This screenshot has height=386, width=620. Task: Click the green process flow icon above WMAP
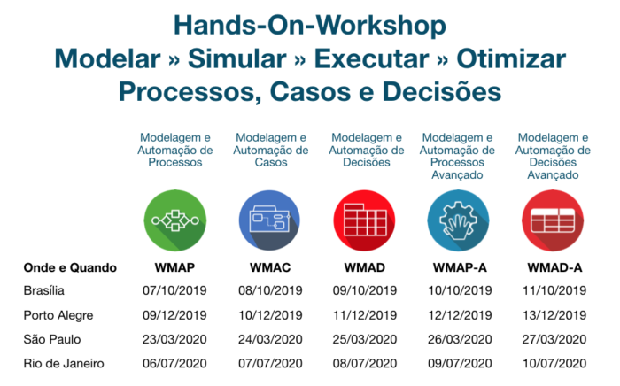coord(175,220)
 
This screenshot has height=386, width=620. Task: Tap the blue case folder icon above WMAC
coord(269,220)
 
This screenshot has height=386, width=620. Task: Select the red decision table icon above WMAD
coord(365,220)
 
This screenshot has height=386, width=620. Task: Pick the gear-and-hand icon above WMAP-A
coord(458,220)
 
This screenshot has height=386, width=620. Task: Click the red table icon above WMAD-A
coord(553,220)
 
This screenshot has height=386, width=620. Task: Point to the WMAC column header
coord(270,268)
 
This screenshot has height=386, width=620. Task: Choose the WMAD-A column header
coord(554,268)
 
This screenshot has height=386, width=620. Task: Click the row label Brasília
coord(44,290)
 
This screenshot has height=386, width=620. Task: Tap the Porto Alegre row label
coord(58,315)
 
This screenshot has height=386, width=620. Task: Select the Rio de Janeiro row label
coord(64,364)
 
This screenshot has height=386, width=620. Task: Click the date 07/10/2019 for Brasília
coord(174,290)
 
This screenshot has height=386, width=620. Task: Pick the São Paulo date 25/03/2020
coord(365,339)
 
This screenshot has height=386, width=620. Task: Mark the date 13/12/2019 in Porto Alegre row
coord(554,315)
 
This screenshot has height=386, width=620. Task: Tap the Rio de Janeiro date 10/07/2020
coord(554,364)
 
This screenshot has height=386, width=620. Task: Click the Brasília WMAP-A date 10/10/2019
coord(460,290)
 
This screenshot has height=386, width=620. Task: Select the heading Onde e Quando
coord(70,268)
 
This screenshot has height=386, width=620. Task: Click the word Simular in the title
coord(237,58)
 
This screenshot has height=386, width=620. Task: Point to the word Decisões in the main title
coord(442,92)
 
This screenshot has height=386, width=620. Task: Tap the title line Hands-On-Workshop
coord(310,26)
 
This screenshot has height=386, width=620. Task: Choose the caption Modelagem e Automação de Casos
coord(271,150)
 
